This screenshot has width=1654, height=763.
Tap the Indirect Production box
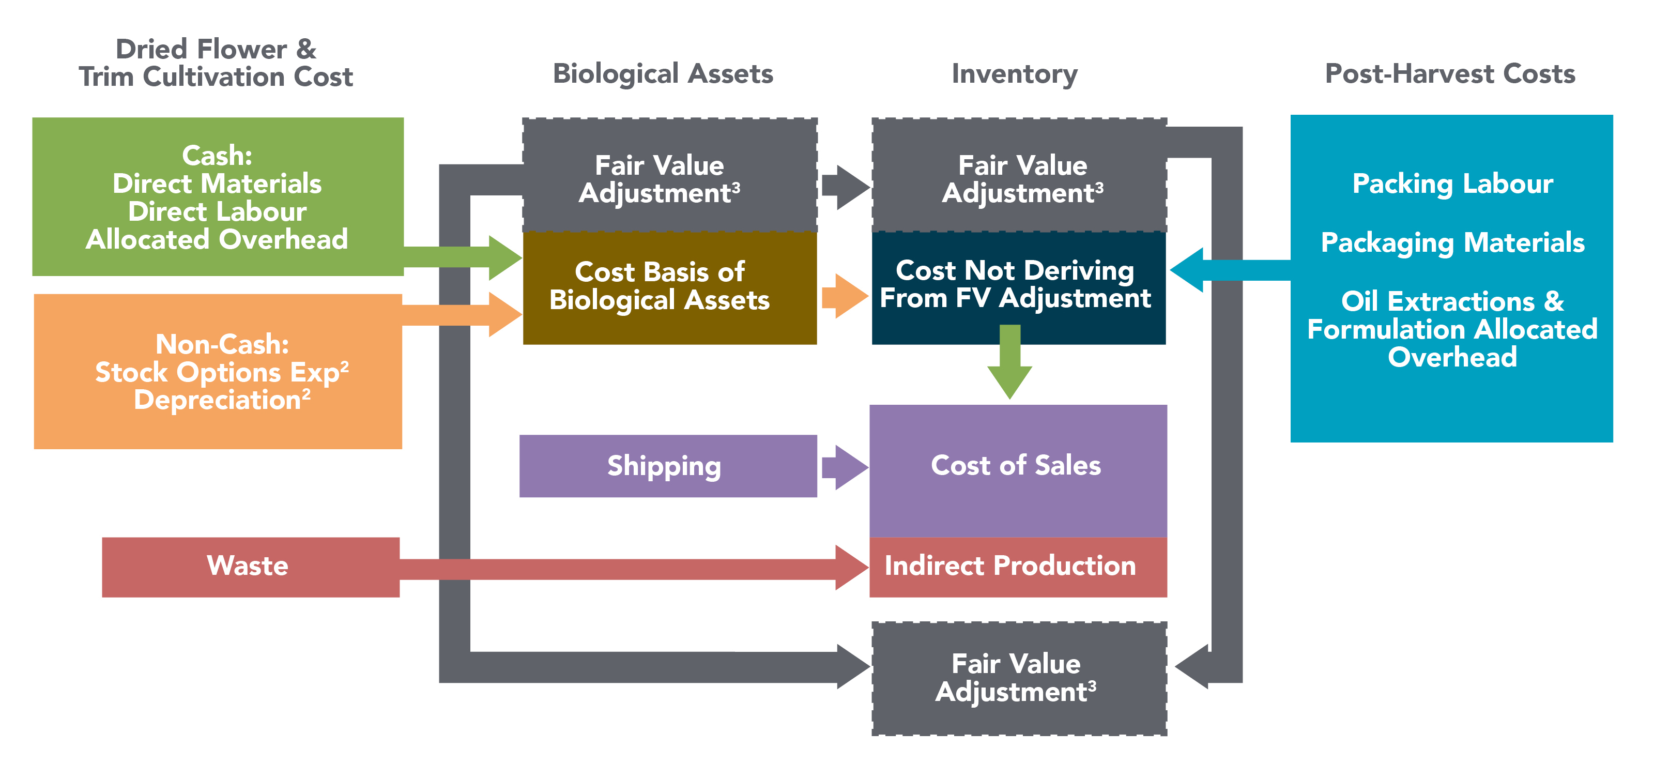(x=1017, y=567)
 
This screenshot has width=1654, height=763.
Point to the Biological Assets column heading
(x=663, y=74)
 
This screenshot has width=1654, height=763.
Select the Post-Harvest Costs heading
(x=1450, y=74)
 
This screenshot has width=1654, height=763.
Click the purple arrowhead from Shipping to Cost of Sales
(x=849, y=467)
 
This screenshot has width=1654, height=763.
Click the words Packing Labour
(x=1452, y=184)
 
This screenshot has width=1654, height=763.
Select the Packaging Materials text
(x=1452, y=243)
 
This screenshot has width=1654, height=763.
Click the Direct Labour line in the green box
(x=217, y=211)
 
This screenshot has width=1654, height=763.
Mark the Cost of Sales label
(x=1015, y=466)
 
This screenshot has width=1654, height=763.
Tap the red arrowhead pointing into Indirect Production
(x=850, y=567)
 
